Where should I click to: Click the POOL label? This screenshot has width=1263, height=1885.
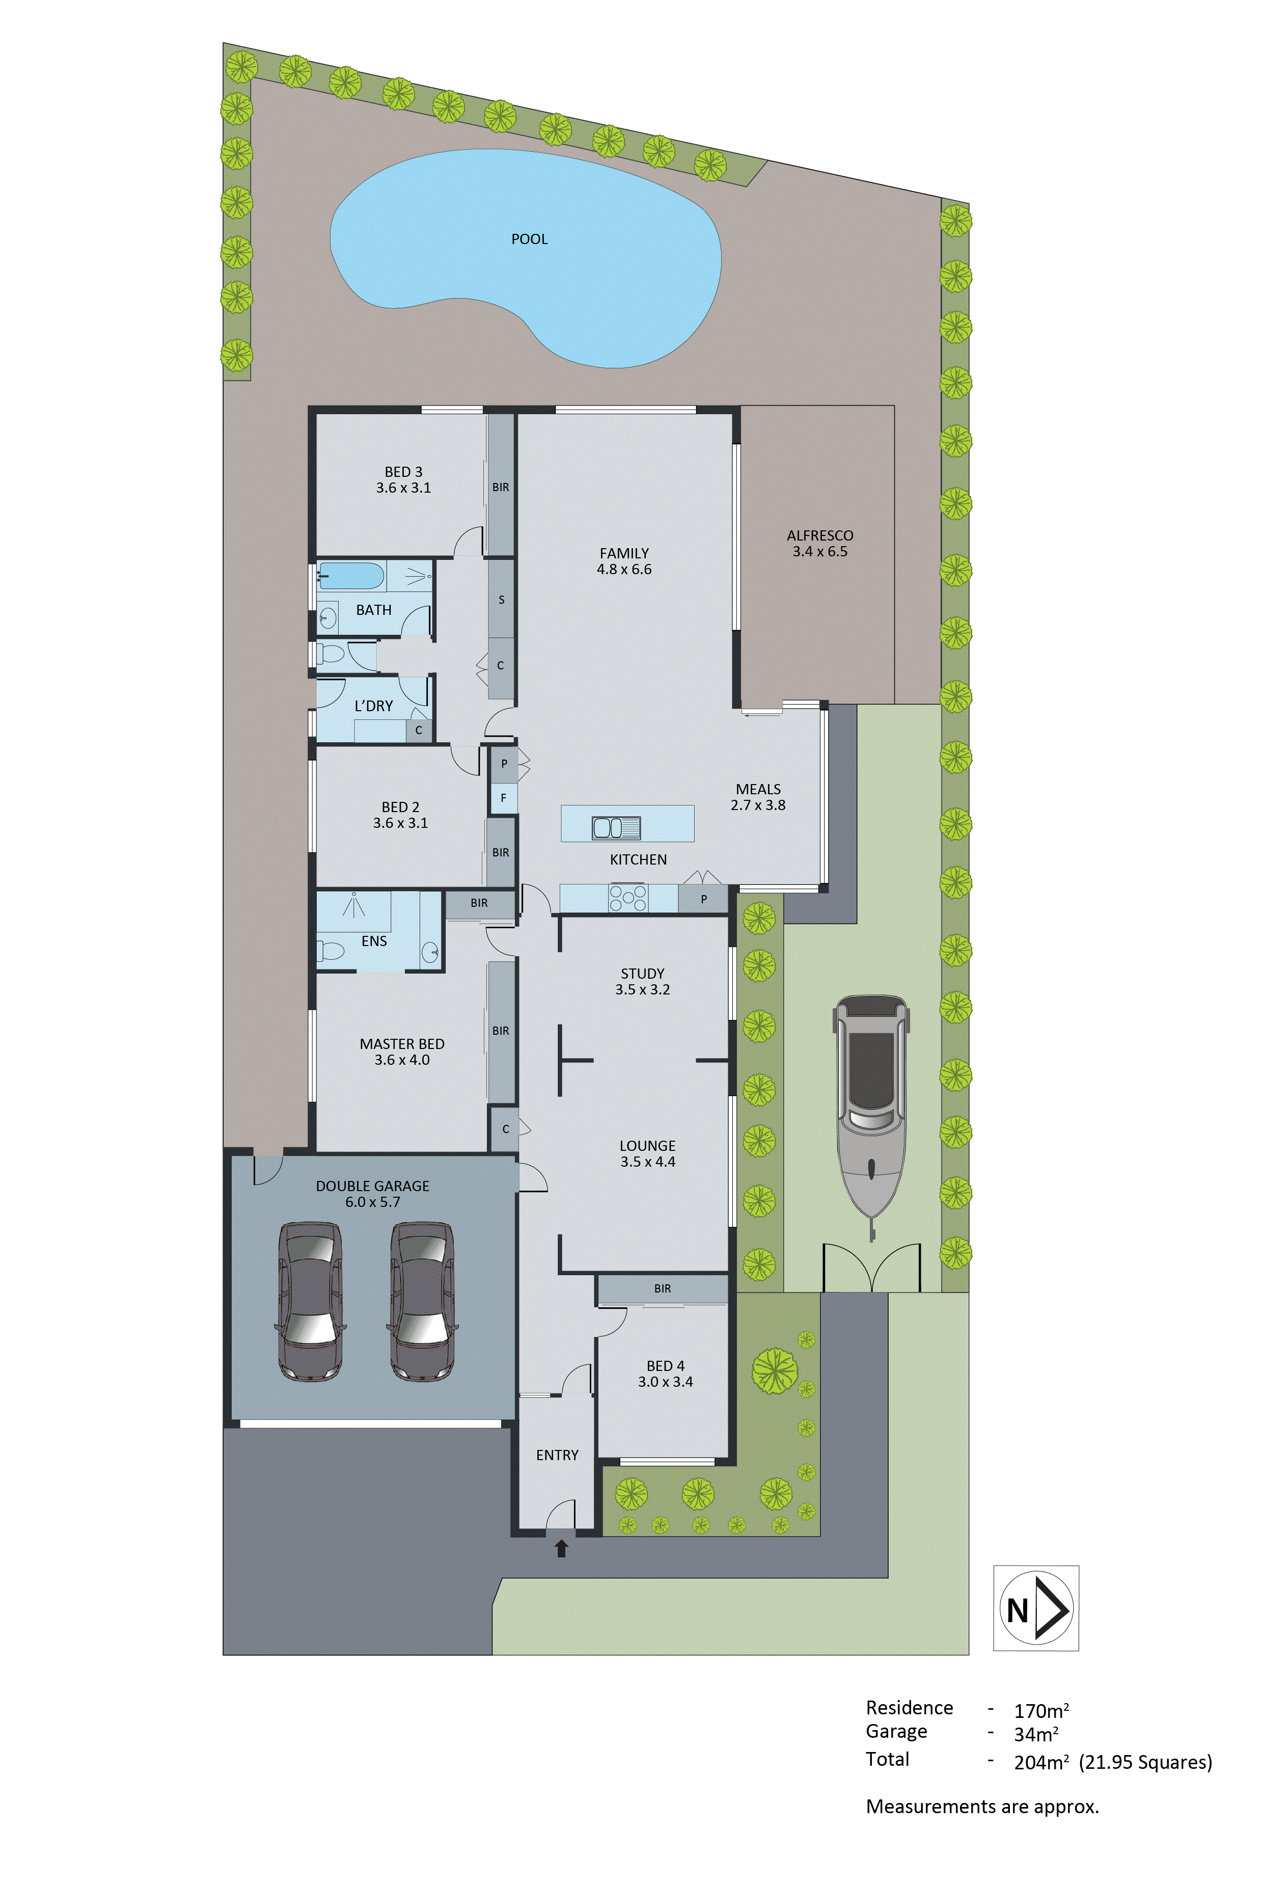(529, 239)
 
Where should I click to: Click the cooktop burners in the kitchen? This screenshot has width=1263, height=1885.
(627, 897)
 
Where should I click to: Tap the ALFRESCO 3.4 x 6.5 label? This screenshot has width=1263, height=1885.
(820, 544)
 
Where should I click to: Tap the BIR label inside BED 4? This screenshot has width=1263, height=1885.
(662, 1289)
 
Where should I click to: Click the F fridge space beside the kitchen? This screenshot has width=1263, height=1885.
(504, 798)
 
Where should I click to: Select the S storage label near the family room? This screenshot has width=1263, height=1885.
(501, 599)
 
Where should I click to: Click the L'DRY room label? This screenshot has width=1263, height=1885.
(374, 706)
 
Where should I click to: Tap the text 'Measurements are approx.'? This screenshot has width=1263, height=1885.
(982, 1807)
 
